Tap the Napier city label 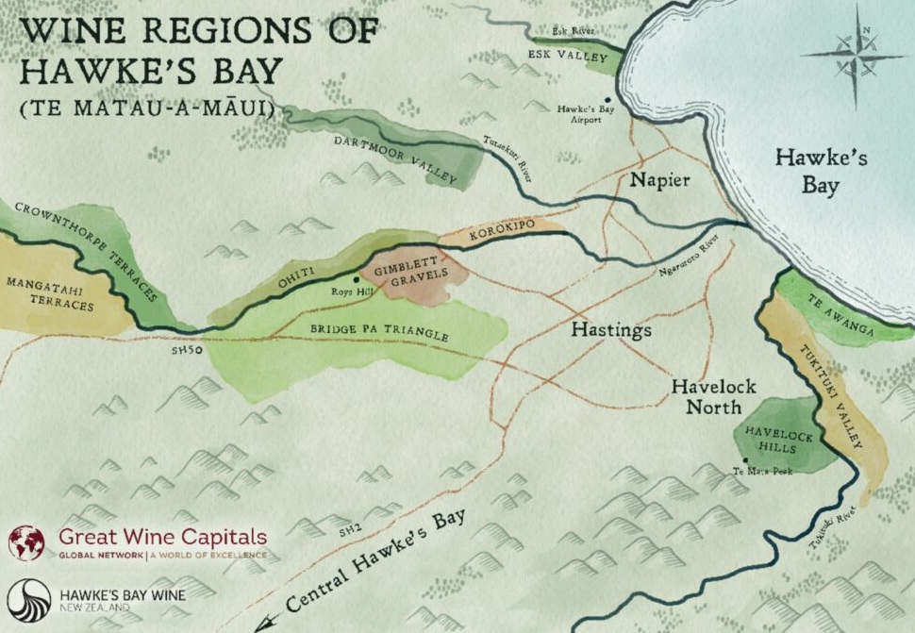(660, 180)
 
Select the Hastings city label (612, 331)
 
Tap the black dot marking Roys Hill (356, 279)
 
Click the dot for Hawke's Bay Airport (607, 99)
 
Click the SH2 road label (351, 534)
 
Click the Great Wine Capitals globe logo (26, 543)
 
